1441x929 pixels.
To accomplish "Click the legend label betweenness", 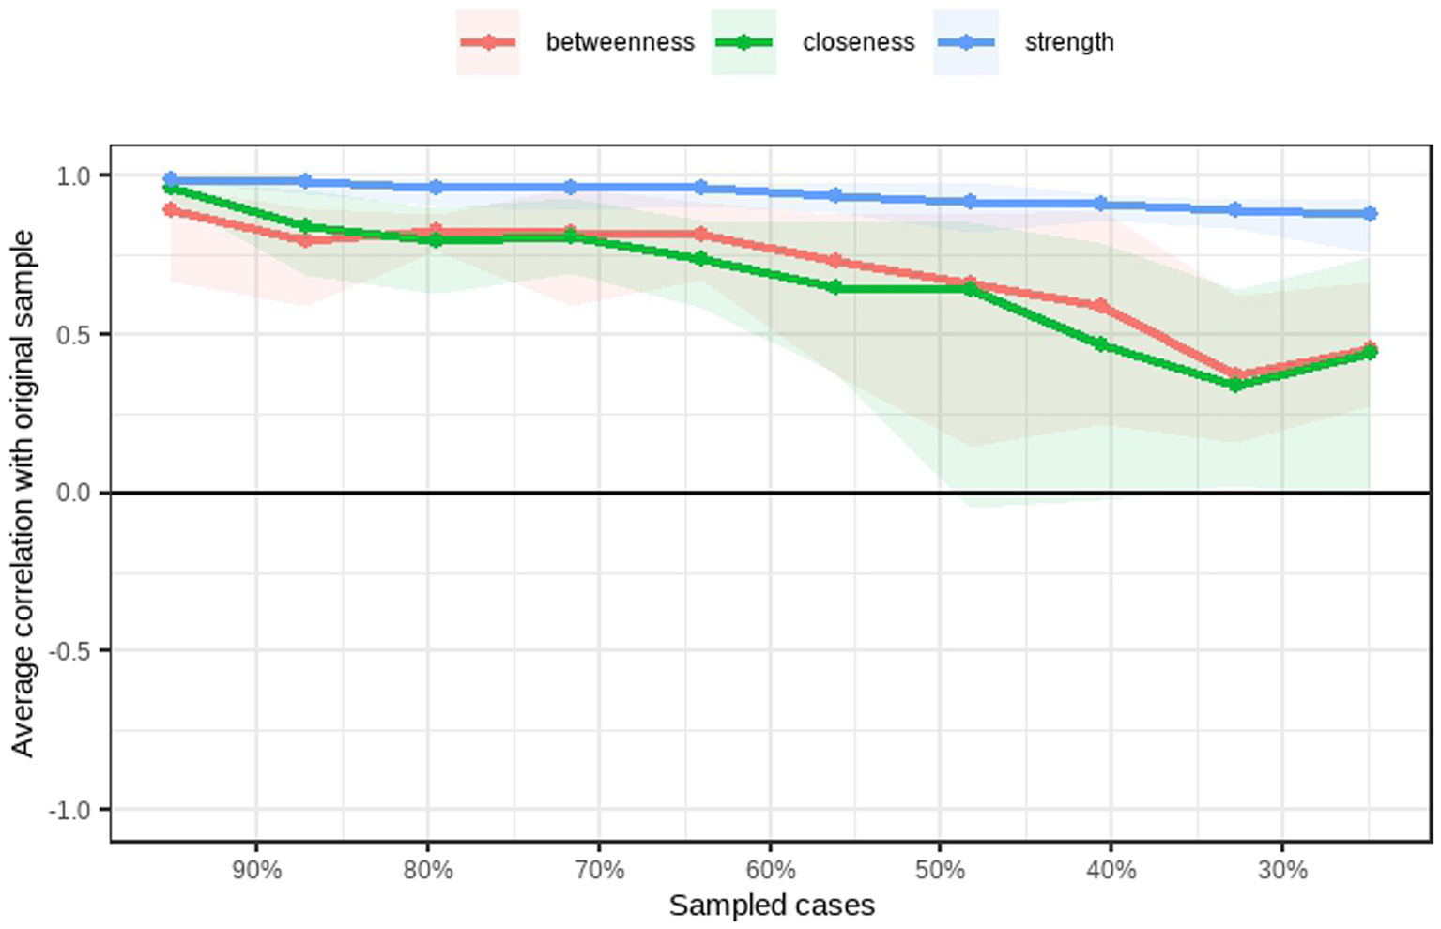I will pos(620,42).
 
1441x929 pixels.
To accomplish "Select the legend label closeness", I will pos(858,42).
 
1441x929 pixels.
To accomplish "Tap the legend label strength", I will pos(1069,42).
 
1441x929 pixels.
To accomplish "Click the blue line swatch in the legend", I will pos(966,42).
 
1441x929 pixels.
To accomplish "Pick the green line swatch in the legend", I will pos(743,42).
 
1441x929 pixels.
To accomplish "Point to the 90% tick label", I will pos(256,870).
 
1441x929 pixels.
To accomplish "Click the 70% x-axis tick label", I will pos(599,870).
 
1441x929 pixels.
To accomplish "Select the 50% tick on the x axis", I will pos(940,870).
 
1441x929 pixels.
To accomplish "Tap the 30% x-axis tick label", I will pos(1282,870).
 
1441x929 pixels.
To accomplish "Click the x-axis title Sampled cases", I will pos(772,906).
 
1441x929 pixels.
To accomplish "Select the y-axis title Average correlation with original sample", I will pos(23,494).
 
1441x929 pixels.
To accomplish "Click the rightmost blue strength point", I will pos(1370,214).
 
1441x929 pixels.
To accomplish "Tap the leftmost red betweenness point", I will pos(171,210).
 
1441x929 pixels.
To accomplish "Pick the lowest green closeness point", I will pos(1235,385).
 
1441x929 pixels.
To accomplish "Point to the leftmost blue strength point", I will pos(171,179).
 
